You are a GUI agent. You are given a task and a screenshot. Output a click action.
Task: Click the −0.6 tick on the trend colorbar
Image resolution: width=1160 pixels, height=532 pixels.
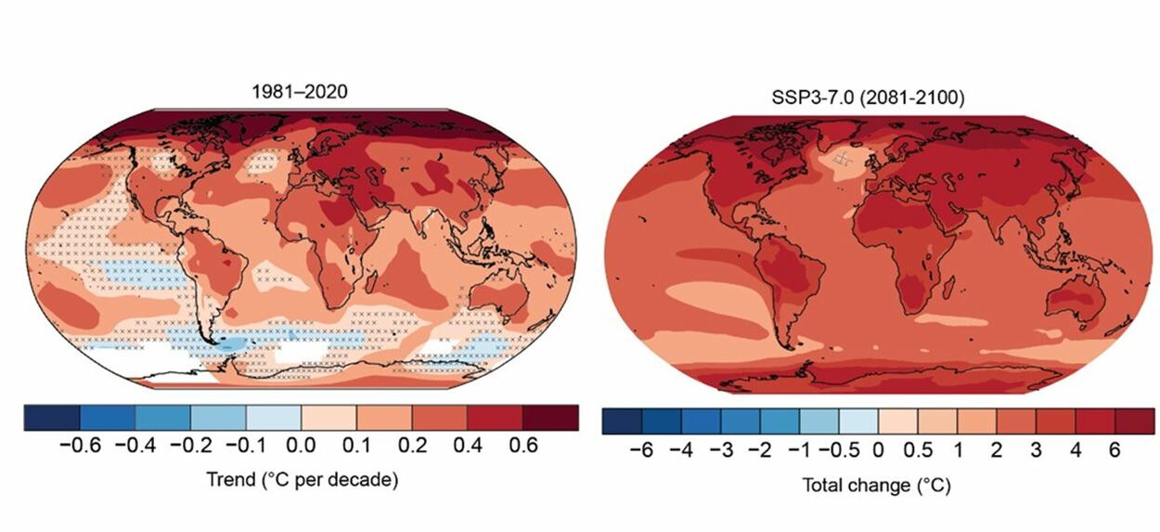click(79, 447)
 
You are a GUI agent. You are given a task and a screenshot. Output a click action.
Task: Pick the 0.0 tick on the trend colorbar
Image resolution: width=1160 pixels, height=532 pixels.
click(301, 447)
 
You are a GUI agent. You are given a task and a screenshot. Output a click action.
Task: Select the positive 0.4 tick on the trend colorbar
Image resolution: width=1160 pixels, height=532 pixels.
click(468, 447)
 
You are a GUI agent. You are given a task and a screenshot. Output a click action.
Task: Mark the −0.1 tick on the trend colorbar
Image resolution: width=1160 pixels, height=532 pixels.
click(245, 447)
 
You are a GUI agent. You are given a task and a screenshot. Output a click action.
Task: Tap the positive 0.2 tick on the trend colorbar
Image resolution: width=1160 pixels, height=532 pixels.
click(412, 447)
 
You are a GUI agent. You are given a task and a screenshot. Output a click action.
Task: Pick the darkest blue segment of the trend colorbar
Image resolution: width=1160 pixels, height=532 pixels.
click(51, 418)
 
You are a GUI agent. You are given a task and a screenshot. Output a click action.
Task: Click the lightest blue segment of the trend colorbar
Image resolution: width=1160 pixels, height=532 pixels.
click(273, 418)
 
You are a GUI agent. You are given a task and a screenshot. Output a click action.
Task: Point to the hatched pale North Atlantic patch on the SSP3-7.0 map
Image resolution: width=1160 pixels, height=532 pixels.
click(843, 160)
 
